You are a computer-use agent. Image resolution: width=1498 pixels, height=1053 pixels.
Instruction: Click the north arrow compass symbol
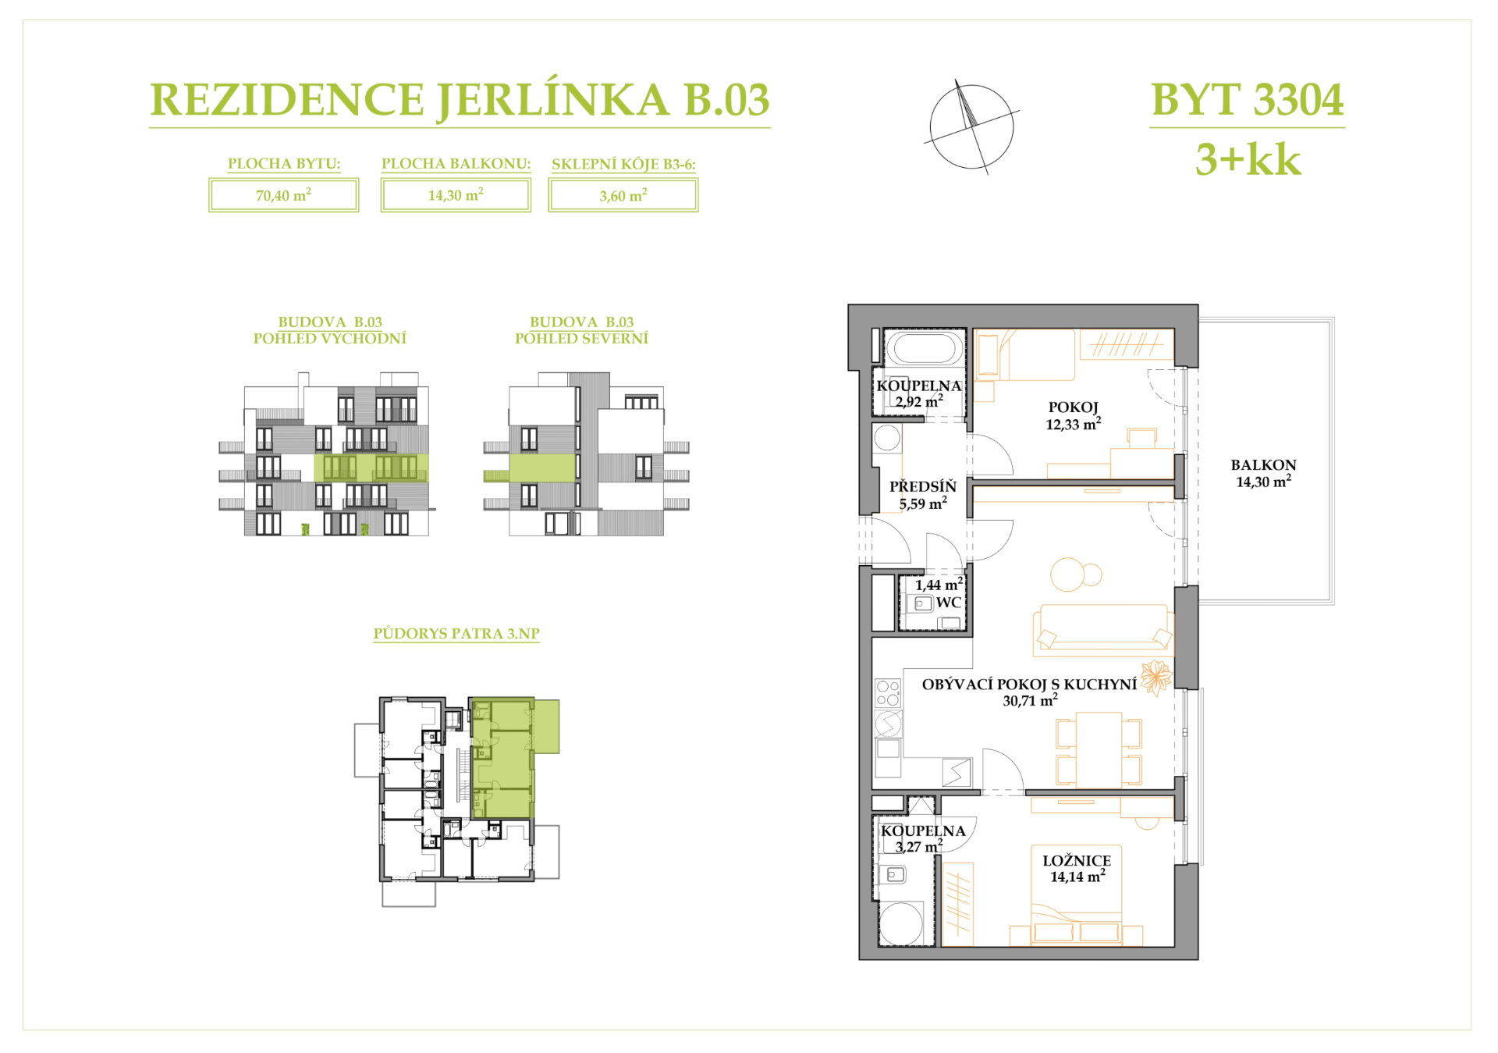[x=971, y=126]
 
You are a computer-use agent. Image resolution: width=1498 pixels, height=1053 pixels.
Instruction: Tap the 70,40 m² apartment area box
[x=283, y=195]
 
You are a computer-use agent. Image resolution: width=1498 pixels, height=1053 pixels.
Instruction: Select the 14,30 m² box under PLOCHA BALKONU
[x=456, y=195]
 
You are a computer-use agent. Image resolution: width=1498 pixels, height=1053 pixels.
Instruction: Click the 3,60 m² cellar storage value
[x=623, y=195]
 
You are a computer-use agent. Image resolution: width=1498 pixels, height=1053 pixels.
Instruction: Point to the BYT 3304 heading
[x=1247, y=100]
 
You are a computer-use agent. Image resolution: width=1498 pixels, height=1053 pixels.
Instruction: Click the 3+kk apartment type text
[x=1248, y=159]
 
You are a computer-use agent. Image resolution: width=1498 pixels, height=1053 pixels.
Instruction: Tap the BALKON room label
[x=1263, y=465]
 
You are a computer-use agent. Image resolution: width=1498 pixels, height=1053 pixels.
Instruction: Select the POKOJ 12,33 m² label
[x=1074, y=415]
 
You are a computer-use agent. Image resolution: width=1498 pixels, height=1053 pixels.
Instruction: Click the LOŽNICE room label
[x=1077, y=860]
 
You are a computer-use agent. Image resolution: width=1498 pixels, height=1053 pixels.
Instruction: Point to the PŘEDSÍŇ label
[x=923, y=486]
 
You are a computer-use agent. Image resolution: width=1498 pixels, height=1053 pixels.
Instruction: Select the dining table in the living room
[x=1099, y=749]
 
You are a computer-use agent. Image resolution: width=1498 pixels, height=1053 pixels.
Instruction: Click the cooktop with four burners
[x=887, y=693]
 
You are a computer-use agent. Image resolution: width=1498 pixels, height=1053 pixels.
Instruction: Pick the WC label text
[x=949, y=603]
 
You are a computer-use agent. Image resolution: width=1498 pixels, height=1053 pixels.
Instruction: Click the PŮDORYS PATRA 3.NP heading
[x=456, y=634]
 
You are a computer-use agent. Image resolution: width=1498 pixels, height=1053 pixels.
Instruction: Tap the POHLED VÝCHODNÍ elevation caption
[x=329, y=339]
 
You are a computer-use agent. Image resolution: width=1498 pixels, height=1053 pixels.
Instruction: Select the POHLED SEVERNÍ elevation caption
[x=581, y=339]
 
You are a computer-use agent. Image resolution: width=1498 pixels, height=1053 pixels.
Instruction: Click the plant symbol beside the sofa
[x=1156, y=677]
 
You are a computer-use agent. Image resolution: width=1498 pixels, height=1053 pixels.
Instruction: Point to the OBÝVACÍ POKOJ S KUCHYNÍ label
[x=1029, y=685]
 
